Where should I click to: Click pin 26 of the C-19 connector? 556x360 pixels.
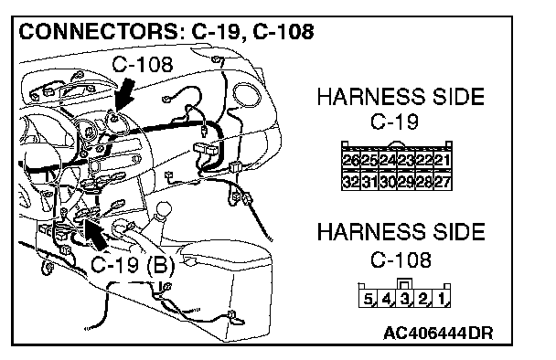pos(351,160)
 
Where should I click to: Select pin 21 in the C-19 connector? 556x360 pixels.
pos(443,160)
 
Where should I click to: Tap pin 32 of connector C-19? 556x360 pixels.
pos(351,182)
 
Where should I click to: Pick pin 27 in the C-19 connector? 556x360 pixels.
pos(443,182)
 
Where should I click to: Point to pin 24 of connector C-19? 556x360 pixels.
pos(388,160)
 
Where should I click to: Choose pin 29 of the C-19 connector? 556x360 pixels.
pos(406,182)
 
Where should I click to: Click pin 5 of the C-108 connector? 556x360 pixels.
pos(368,299)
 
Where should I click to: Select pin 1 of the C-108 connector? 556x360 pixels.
pos(442,299)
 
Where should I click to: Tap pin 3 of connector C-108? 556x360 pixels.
pos(404,299)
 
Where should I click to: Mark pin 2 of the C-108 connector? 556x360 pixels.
pos(423,299)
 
